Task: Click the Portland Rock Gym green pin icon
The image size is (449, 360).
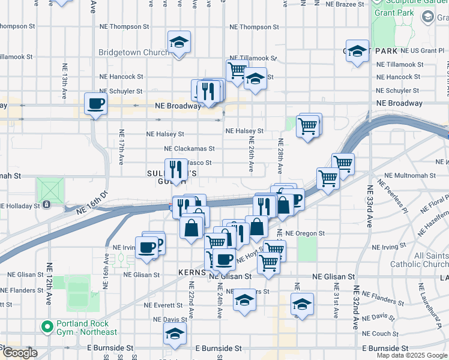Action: [x=46, y=327]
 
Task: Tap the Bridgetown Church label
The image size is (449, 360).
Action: [x=133, y=53]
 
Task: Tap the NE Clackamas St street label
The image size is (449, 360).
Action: [x=189, y=148]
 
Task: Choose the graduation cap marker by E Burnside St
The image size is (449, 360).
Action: [x=175, y=335]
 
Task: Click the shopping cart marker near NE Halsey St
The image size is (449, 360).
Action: [x=308, y=126]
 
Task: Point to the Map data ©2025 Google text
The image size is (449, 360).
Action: [x=412, y=355]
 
